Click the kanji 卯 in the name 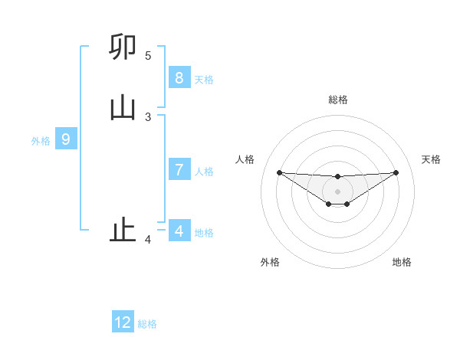coord(123,47)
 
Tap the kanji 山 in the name coord(123,108)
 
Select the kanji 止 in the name coord(123,230)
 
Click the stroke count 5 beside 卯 coord(148,56)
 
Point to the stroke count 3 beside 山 coord(148,116)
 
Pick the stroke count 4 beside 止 coord(148,240)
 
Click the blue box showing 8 coord(179,77)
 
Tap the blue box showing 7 coord(179,169)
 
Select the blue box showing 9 coord(66,139)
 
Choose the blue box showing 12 coord(123,322)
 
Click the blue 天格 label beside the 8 coord(204,79)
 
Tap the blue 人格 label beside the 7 coord(204,171)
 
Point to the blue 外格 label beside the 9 coord(41,141)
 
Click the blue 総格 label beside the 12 coord(147,324)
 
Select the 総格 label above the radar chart coord(337,100)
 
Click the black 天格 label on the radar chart coord(431,159)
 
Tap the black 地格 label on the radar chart coord(402,262)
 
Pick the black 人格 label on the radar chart coord(245,159)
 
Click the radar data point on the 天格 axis coord(396,172)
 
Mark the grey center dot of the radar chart coord(337,191)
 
